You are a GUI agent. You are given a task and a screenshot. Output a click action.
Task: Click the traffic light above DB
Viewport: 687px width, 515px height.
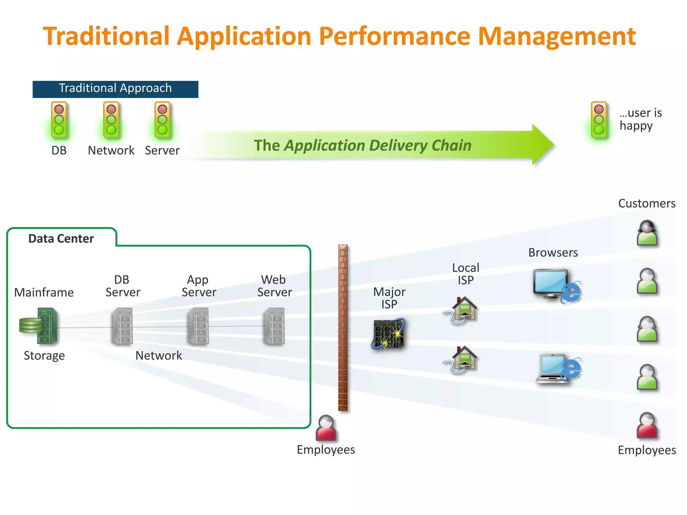point(59,120)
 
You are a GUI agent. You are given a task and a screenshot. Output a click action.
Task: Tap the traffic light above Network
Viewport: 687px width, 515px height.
point(111,120)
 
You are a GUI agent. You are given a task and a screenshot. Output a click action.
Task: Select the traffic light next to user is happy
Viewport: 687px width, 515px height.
point(599,120)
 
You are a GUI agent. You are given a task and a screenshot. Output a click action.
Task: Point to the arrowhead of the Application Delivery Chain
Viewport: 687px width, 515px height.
point(542,145)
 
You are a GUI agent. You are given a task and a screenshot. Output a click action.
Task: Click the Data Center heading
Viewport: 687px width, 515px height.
point(61,238)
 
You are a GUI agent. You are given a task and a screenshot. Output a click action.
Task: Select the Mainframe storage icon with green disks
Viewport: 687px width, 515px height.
point(39,326)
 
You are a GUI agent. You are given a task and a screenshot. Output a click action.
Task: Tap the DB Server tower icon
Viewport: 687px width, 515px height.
point(122,326)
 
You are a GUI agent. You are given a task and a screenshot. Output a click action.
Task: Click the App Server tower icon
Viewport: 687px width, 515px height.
point(199,326)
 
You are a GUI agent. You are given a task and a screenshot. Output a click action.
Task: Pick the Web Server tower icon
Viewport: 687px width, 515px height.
point(275,326)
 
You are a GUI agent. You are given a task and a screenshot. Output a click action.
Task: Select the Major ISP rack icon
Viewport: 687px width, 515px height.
point(388,334)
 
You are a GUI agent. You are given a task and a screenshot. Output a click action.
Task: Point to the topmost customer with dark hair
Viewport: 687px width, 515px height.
point(647,233)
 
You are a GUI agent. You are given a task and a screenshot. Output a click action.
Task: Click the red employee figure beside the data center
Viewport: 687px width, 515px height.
point(326,428)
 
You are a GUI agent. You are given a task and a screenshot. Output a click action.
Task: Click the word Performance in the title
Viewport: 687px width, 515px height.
point(394,36)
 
